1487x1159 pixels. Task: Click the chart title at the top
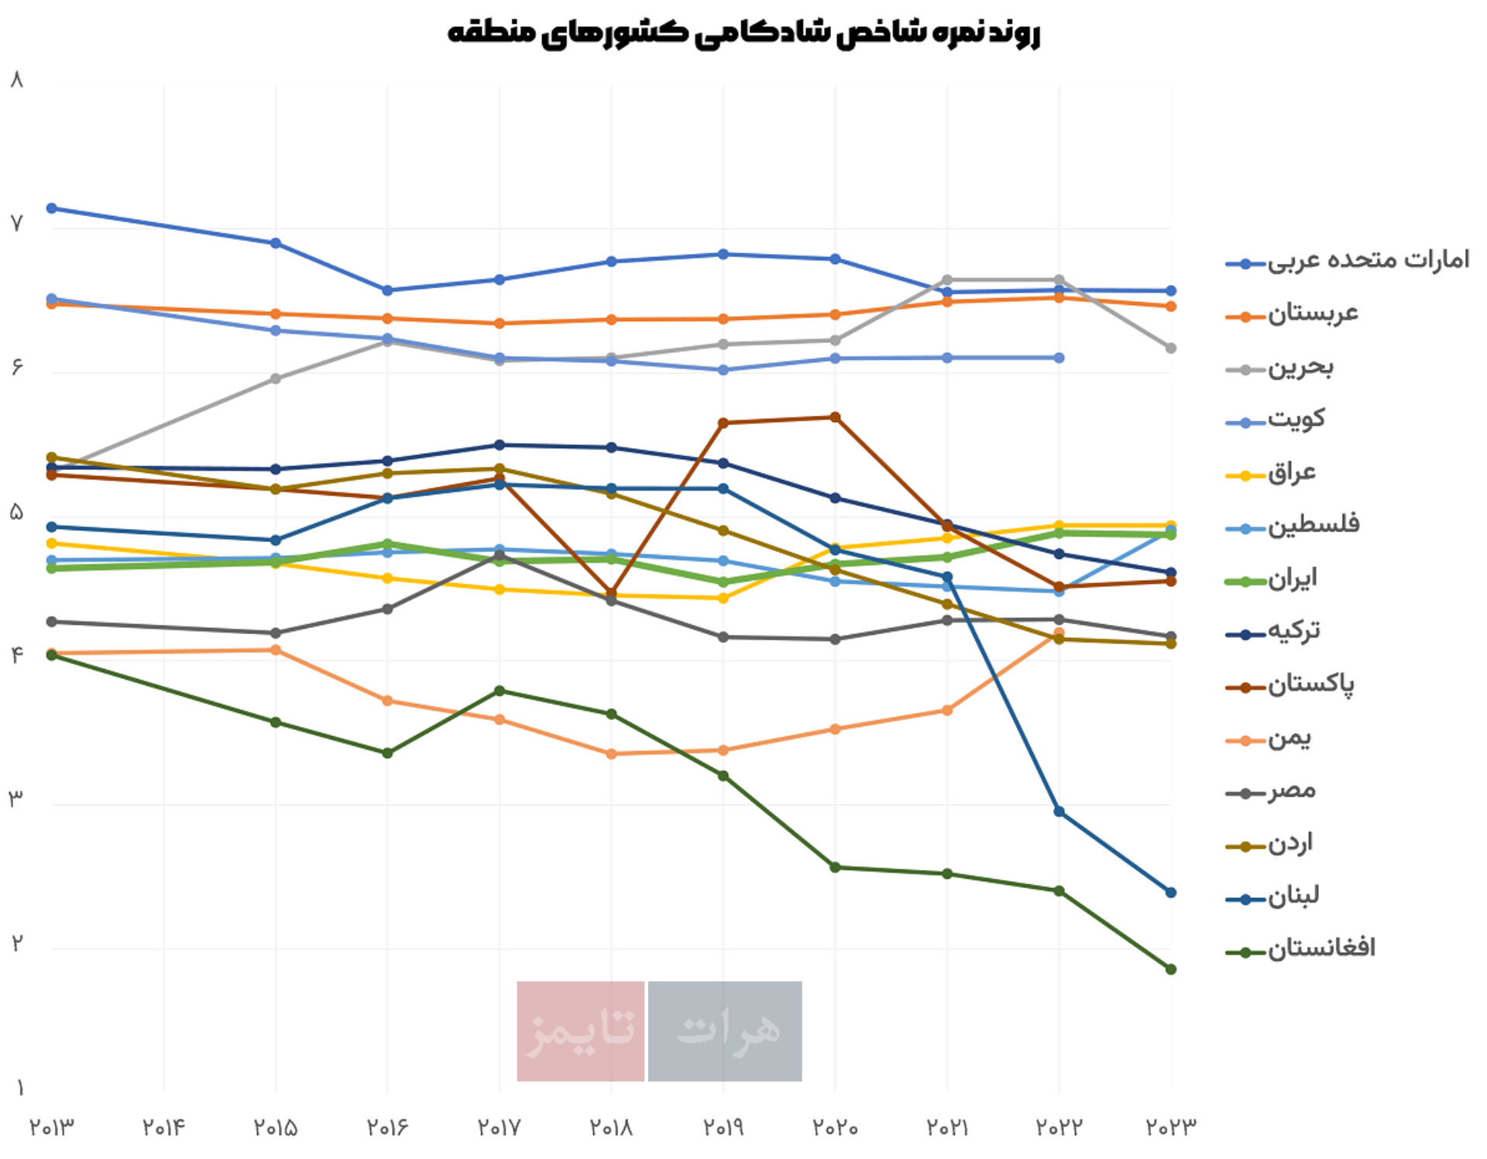tap(743, 33)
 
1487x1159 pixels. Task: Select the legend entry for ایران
tap(1292, 579)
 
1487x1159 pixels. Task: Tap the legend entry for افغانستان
tap(1320, 949)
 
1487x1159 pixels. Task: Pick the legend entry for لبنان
tap(1293, 897)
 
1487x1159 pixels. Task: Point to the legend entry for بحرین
tap(1300, 368)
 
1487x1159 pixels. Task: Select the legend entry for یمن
tap(1289, 738)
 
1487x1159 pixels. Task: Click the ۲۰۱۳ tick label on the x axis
tap(52, 1127)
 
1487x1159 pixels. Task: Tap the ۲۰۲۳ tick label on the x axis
tap(1170, 1127)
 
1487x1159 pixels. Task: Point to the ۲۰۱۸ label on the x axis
tap(611, 1127)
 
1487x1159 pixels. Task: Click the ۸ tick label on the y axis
tap(17, 80)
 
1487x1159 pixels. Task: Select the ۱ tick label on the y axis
tap(19, 1089)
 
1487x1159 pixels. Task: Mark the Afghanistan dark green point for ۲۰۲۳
tap(1170, 969)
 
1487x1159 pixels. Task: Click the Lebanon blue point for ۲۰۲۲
tap(1059, 811)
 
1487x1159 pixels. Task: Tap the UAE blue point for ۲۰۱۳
tap(52, 208)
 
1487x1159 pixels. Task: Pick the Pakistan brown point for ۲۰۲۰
tap(835, 417)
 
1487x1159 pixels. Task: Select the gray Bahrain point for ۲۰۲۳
tap(1170, 348)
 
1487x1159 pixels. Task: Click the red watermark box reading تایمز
tap(580, 1030)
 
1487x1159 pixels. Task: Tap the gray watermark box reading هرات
tap(724, 1030)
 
